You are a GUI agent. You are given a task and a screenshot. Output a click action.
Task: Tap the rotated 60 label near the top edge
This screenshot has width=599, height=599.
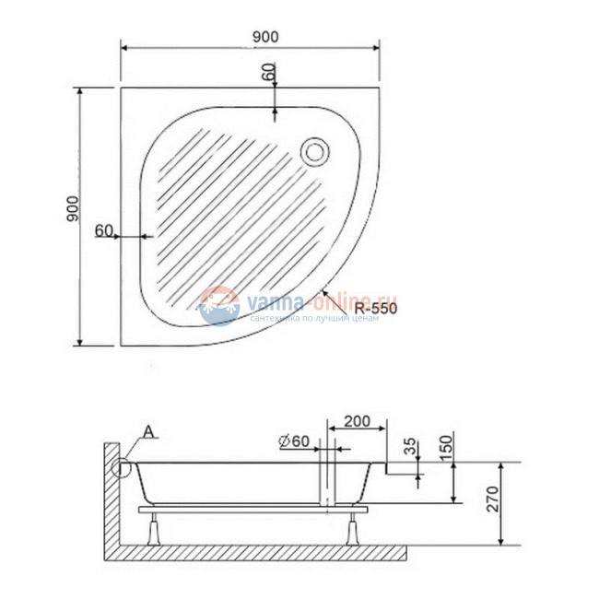click(269, 73)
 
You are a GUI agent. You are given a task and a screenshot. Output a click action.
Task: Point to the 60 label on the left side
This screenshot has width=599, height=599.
click(103, 229)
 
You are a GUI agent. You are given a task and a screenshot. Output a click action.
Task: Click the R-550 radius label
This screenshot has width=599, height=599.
click(375, 310)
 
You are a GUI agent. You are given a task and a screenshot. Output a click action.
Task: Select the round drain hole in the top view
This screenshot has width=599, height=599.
click(316, 149)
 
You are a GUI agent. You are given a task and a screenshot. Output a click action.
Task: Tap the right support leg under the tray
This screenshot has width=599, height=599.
click(351, 528)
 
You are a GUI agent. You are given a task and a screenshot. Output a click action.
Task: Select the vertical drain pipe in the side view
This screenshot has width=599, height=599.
click(324, 479)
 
